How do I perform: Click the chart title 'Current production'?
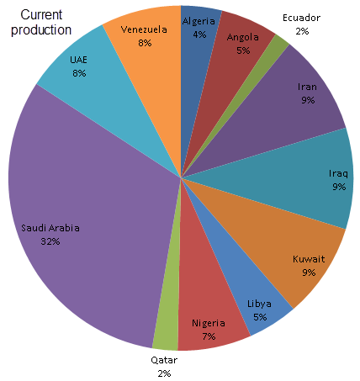pyautogui.click(x=46, y=23)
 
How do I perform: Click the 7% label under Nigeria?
pyautogui.click(x=209, y=336)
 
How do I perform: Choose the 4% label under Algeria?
pyautogui.click(x=199, y=35)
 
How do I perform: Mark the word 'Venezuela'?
pyautogui.click(x=144, y=29)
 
